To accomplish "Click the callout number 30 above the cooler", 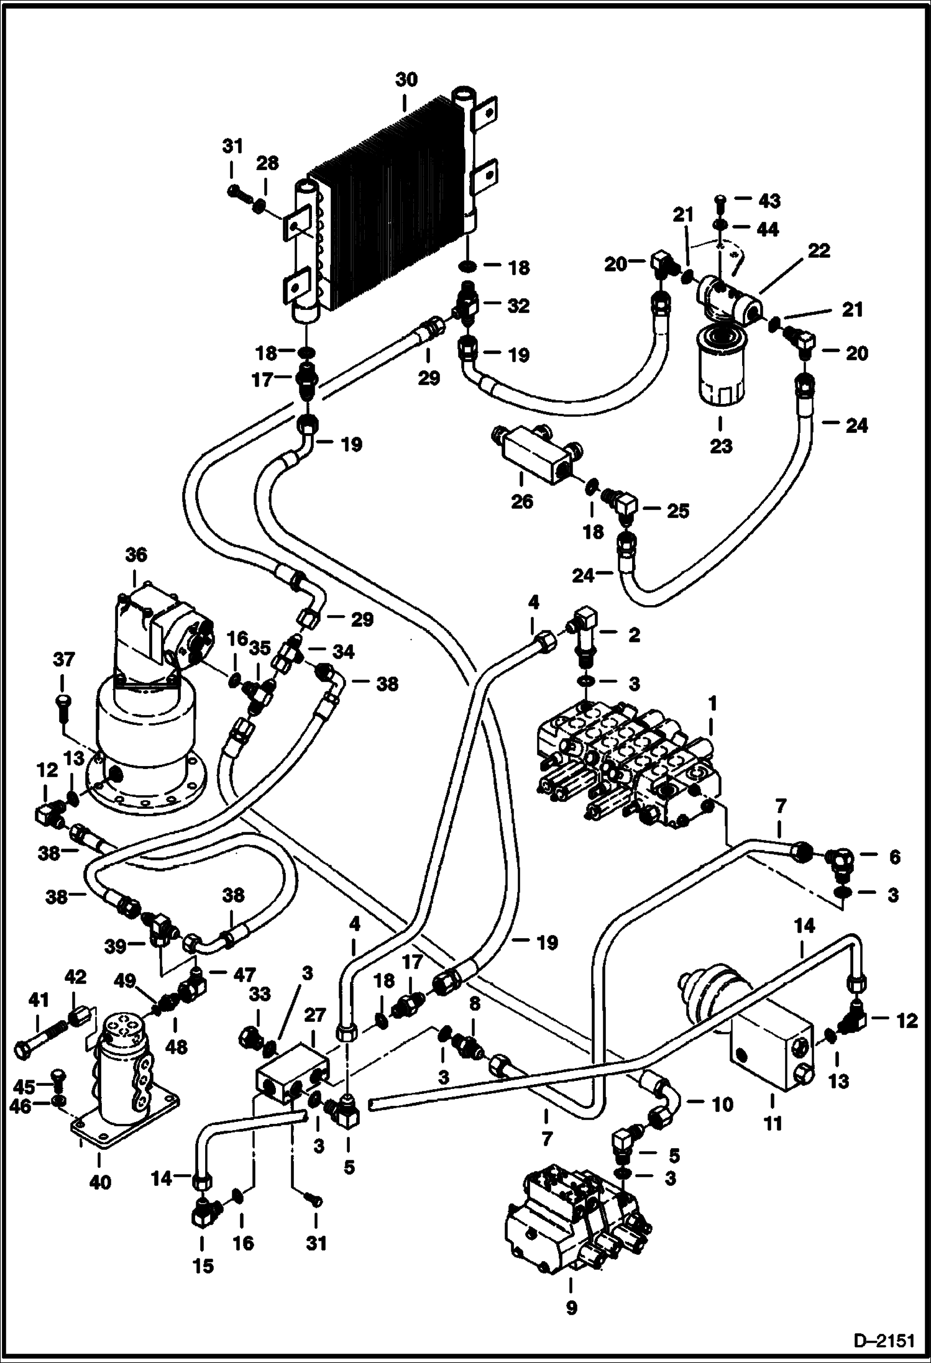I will pos(407,80).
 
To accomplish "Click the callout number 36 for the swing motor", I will pos(136,555).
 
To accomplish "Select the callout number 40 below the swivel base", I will pos(99,1182).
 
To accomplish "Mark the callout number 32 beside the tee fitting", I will pos(518,306).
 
